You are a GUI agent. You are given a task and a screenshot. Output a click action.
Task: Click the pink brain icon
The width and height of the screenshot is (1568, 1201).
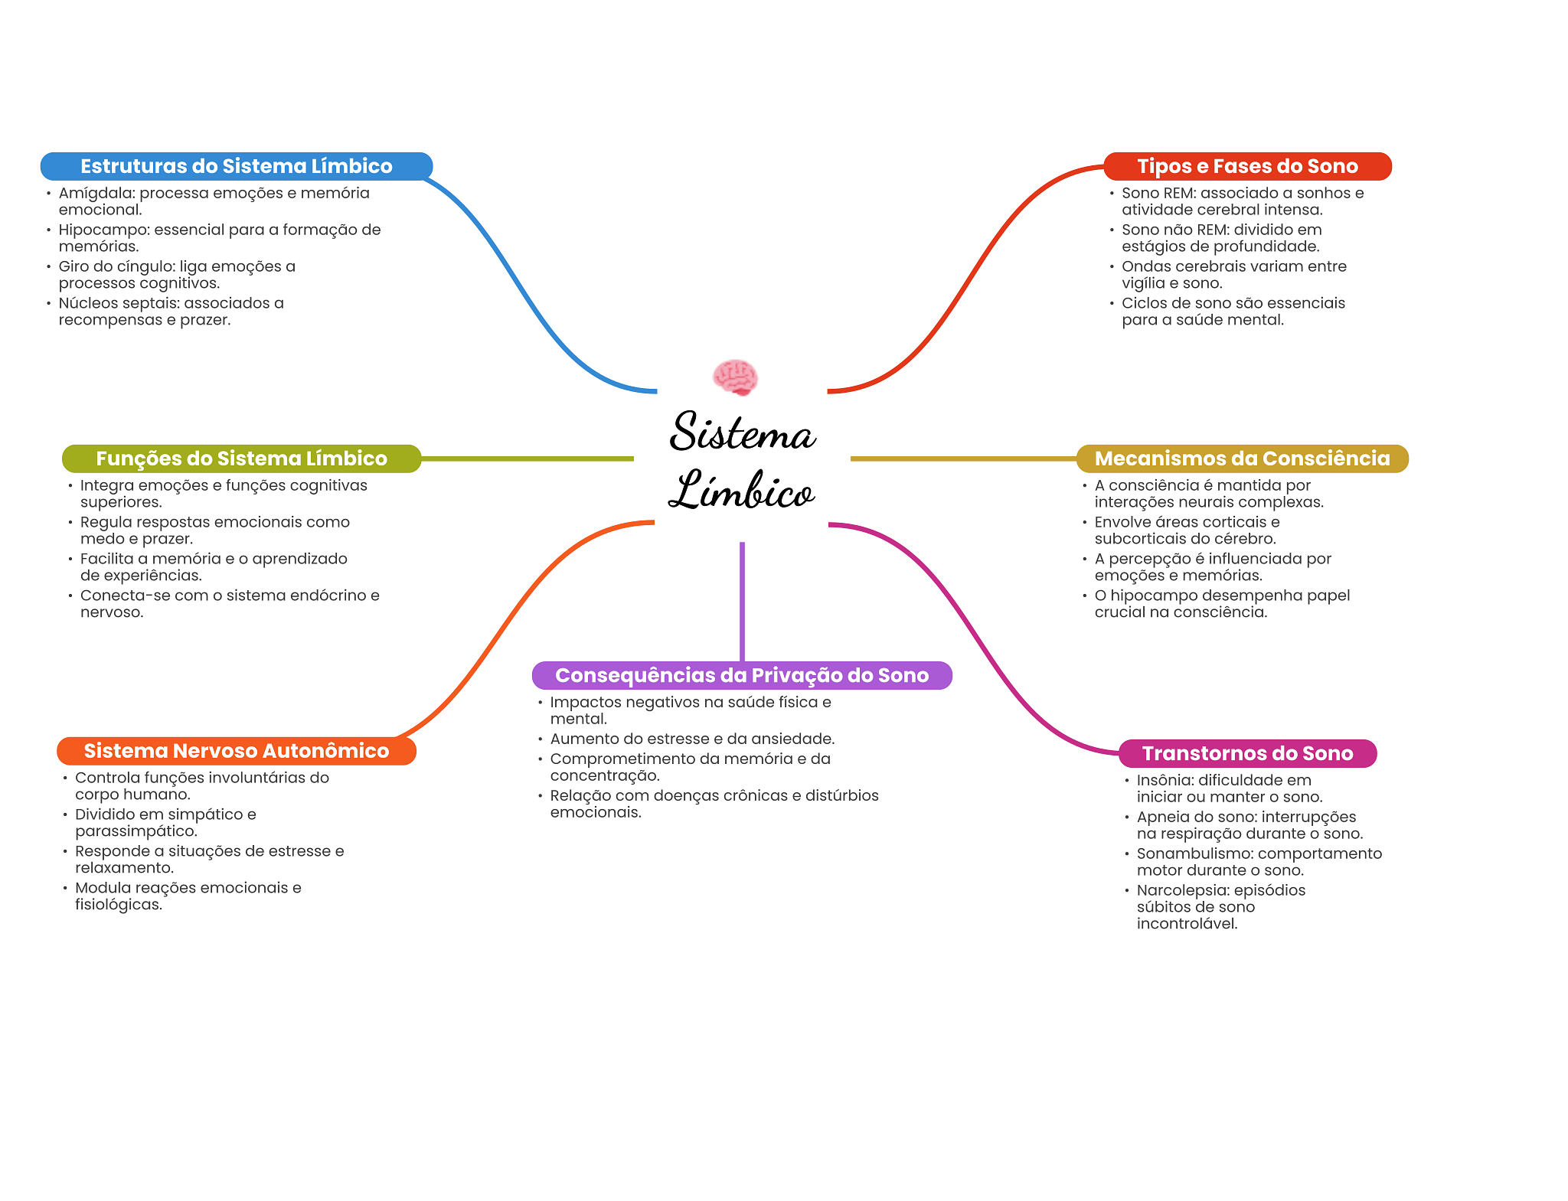tap(735, 377)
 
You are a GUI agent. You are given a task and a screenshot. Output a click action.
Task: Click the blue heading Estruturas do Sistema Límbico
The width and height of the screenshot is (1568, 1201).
tap(236, 166)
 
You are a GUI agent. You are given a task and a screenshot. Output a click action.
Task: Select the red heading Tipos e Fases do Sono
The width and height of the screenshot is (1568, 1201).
tap(1247, 166)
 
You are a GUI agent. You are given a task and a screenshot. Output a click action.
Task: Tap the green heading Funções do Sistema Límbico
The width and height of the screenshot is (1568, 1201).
tap(241, 459)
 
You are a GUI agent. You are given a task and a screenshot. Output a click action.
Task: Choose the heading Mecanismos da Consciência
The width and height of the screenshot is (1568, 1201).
tap(1242, 459)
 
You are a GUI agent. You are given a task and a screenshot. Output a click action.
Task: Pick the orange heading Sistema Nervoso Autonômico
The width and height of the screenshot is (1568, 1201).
tap(236, 751)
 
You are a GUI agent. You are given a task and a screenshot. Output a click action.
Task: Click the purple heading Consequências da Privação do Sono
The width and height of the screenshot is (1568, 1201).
tap(741, 675)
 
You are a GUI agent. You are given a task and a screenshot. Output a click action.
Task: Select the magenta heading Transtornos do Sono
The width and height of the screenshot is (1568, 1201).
tap(1247, 753)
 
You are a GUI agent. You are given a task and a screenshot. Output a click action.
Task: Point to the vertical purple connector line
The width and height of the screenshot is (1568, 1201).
tap(742, 601)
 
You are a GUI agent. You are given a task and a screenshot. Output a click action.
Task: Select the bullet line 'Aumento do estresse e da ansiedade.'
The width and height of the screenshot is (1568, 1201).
tap(692, 739)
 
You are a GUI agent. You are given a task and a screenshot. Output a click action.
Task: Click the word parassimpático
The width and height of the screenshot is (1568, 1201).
tap(136, 831)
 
